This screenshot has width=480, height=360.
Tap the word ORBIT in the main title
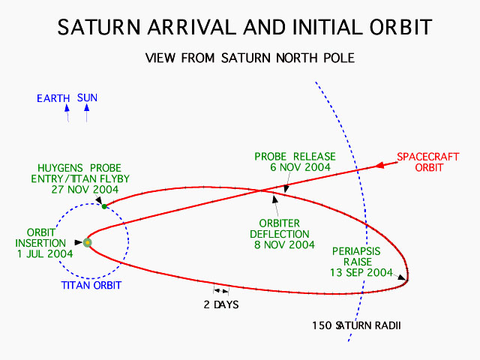coord(400,27)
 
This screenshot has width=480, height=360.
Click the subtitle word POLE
coord(339,58)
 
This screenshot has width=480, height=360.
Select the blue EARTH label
coord(53,98)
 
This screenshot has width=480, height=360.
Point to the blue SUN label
coord(87,98)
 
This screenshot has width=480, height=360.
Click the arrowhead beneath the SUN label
coord(87,107)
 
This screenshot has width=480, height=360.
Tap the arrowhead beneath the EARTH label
coord(67,108)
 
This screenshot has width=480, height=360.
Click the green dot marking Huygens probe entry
coord(104,207)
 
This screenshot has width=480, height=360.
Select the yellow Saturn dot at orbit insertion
coord(88,243)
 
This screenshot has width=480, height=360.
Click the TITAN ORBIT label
coord(91,285)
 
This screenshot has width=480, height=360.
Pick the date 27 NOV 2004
coord(85,190)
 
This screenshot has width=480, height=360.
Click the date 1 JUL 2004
coord(45,253)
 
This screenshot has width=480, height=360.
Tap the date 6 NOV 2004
coord(300,167)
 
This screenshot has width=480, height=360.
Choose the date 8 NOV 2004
coord(284,245)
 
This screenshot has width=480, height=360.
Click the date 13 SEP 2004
coord(361,272)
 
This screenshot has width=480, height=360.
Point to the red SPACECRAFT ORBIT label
coord(428,162)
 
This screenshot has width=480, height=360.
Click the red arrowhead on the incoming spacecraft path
coord(379,165)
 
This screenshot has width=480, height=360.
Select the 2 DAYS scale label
coord(221,304)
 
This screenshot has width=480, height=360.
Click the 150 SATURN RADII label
coord(356,325)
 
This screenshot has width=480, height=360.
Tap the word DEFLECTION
coord(280,234)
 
